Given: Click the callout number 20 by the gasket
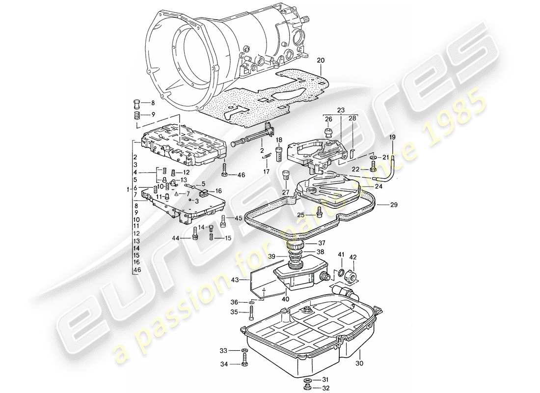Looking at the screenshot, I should (x=321, y=60).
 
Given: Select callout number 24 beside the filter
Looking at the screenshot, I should (x=378, y=186).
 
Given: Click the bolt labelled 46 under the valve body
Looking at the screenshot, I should (x=225, y=173).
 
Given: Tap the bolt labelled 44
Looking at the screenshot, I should (x=195, y=238).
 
